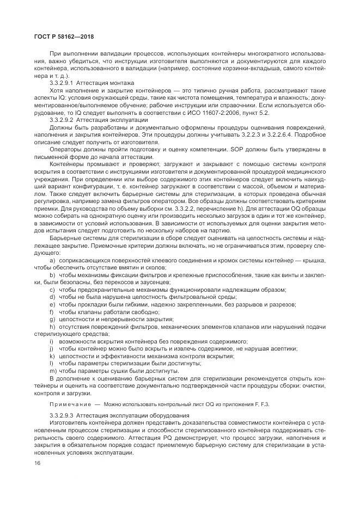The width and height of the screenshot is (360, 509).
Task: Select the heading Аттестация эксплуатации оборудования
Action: coord(130,415)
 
